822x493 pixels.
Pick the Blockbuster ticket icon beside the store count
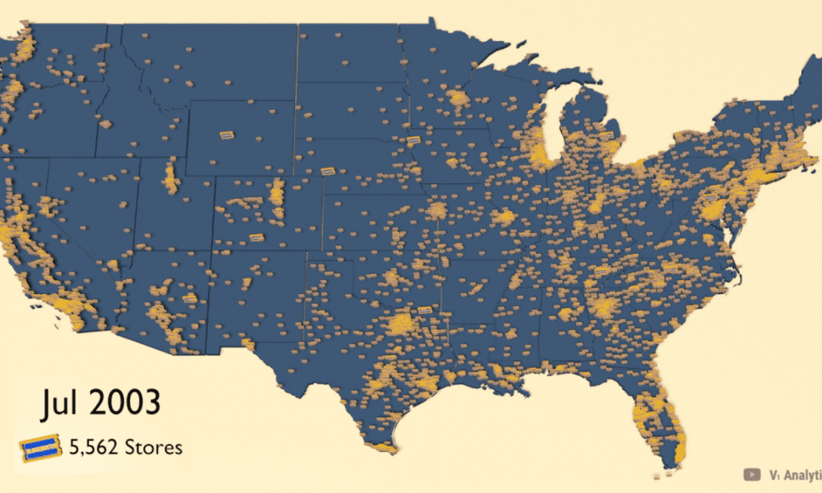40,449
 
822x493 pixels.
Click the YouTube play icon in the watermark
750,474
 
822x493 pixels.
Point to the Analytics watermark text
795,474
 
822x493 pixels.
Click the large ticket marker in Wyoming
228,134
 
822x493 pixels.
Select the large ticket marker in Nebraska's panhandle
327,171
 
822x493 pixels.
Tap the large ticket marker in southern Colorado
256,237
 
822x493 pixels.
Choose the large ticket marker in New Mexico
190,299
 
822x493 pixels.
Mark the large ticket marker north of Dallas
425,310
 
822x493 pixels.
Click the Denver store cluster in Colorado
277,195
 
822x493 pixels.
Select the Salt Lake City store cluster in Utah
172,177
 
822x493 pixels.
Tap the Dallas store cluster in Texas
403,323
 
